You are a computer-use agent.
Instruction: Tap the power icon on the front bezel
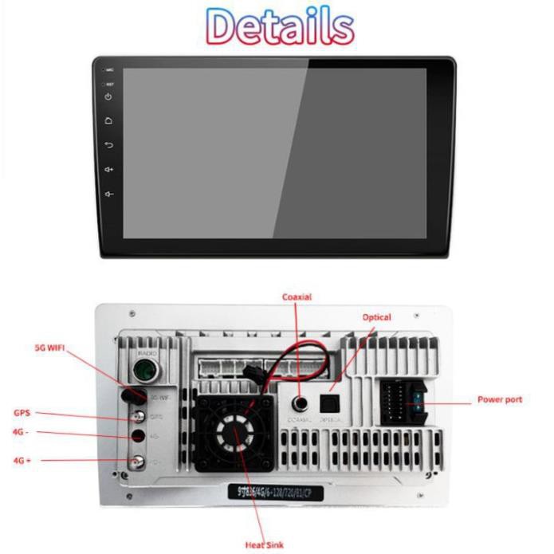109,97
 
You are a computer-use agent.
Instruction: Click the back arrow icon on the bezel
109,145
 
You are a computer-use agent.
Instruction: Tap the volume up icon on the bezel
109,169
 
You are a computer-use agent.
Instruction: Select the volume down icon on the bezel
109,193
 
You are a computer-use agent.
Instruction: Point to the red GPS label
22,413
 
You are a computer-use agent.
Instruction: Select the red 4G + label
22,460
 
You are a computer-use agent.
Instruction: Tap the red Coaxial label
297,297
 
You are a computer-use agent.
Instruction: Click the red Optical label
377,317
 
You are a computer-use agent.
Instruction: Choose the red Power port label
500,399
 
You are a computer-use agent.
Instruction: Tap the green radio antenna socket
145,371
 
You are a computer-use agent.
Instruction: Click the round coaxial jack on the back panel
301,403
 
